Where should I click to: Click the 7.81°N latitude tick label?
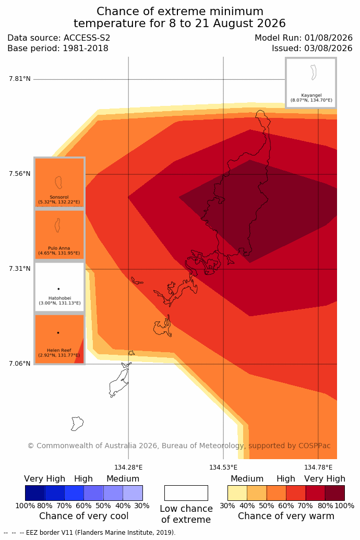(x=20, y=79)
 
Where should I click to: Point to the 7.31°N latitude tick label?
(x=20, y=269)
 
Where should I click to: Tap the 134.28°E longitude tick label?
(x=128, y=467)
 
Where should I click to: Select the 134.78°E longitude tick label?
(x=318, y=467)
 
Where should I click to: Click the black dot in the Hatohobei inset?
(x=58, y=289)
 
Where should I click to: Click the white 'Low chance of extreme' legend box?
(x=186, y=493)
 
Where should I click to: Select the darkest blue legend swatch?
(x=35, y=493)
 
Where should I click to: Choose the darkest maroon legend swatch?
(x=335, y=493)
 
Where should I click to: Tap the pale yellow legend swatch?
(x=237, y=493)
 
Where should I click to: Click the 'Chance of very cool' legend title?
(x=83, y=516)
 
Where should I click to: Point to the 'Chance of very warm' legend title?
(x=286, y=516)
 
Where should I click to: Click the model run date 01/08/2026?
(x=328, y=38)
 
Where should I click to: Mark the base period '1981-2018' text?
(x=86, y=48)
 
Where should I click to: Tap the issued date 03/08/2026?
(x=328, y=48)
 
